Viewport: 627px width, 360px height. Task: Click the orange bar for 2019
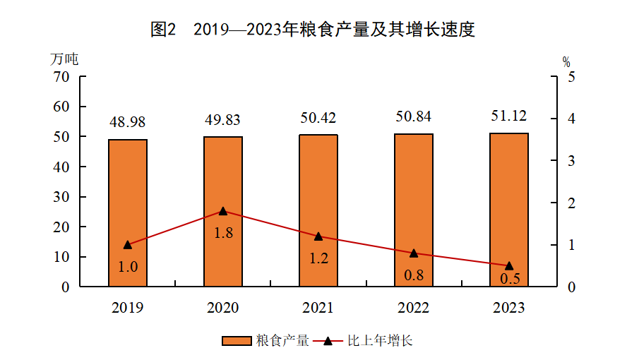[128, 212]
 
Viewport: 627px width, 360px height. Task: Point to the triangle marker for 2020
[223, 211]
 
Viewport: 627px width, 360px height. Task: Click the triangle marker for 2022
[414, 253]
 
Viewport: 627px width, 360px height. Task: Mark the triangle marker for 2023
[509, 265]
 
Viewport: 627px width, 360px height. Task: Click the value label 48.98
[128, 123]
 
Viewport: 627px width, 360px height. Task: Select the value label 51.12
[509, 116]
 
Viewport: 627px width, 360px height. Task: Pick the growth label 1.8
[223, 232]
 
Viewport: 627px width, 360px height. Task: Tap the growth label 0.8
[414, 275]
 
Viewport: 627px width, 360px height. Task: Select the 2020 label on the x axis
[223, 308]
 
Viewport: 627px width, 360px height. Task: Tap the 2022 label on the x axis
[414, 308]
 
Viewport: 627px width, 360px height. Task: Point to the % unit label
[566, 61]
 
